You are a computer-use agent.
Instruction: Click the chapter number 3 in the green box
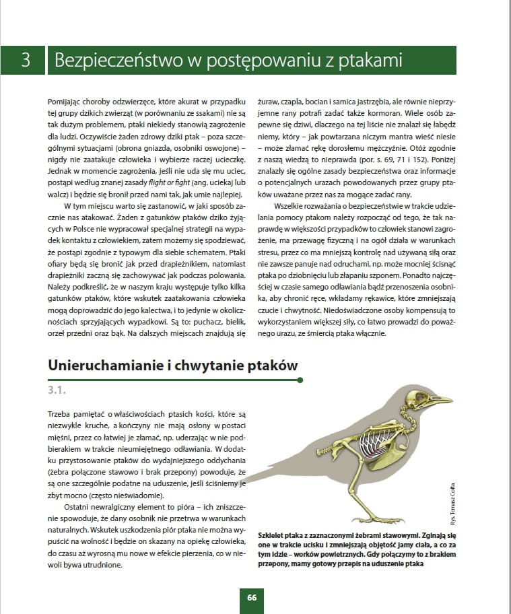click(25, 61)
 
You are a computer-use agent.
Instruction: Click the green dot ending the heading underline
click(300, 380)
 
